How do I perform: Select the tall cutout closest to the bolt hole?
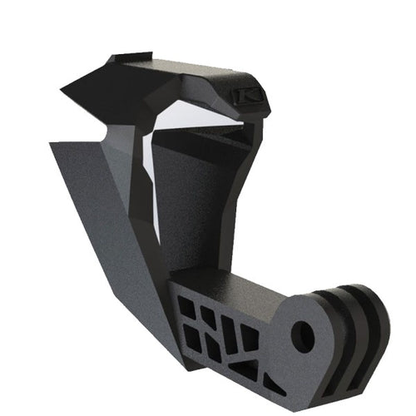pos(249,337)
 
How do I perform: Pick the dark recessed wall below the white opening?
pos(200,208)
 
